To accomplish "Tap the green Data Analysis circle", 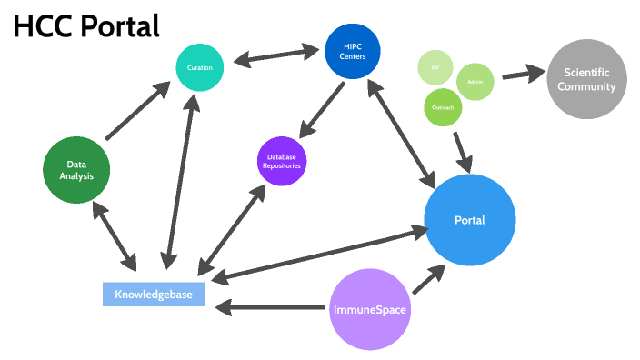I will (76, 170).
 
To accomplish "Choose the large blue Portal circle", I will (470, 220).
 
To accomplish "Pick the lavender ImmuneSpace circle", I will (368, 309).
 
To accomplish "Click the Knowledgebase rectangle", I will (154, 295).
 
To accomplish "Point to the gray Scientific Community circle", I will (586, 80).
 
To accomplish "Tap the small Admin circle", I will (475, 82).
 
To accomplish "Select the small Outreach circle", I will (444, 107).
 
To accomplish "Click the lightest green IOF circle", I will (435, 69).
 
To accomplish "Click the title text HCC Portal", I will (86, 27).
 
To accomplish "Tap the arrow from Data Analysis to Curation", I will (138, 112).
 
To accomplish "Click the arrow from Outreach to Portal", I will (462, 151).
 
